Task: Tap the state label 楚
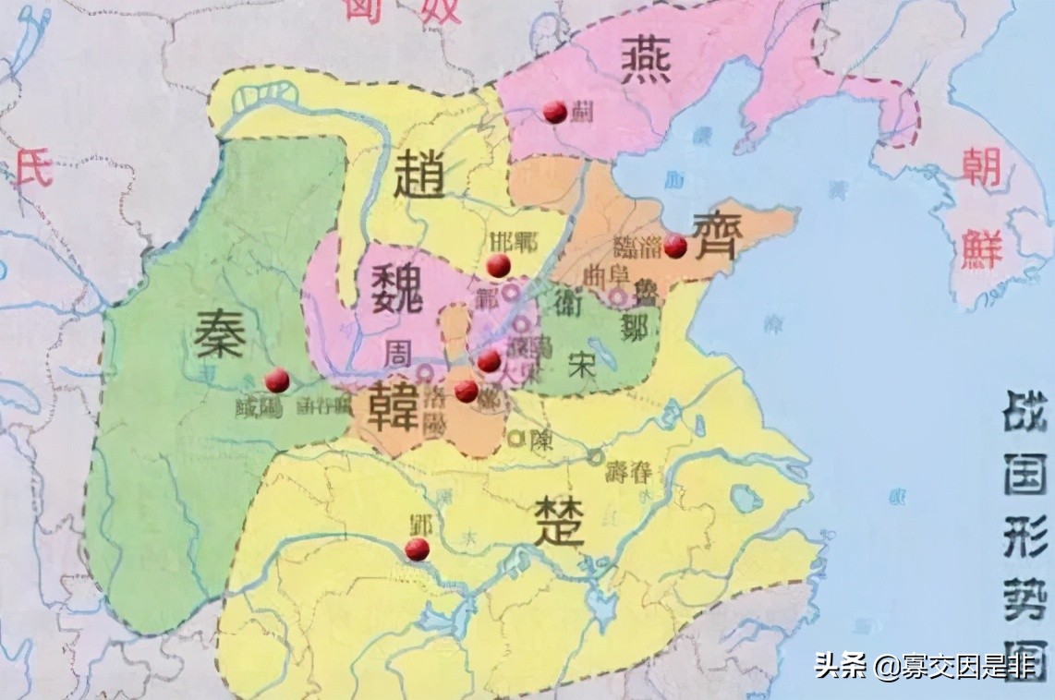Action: pyautogui.click(x=558, y=523)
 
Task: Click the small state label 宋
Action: pyautogui.click(x=582, y=363)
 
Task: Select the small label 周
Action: pyautogui.click(x=400, y=353)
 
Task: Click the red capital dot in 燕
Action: pyautogui.click(x=554, y=112)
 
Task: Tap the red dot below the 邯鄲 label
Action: pyautogui.click(x=499, y=266)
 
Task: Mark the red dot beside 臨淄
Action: pyautogui.click(x=675, y=246)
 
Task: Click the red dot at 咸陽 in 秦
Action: pyautogui.click(x=276, y=380)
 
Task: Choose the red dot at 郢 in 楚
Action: pyautogui.click(x=418, y=549)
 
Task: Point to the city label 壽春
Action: pyautogui.click(x=628, y=472)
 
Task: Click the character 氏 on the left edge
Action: pyautogui.click(x=34, y=170)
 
